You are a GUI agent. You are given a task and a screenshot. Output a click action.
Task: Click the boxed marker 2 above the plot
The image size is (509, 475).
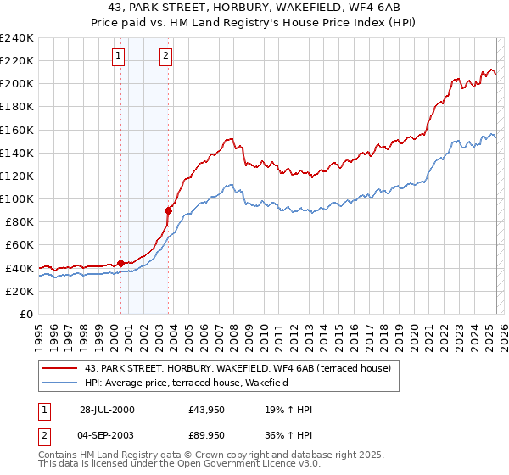coord(165,57)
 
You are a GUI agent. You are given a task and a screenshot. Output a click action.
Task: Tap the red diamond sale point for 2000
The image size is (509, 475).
coord(120,263)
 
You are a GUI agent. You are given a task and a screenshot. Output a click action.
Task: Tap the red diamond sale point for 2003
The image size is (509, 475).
coord(169,210)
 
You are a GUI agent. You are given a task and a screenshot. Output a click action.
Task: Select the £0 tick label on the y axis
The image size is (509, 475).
coord(25,314)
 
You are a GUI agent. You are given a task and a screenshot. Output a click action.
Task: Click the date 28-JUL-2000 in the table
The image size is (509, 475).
coord(106,410)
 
